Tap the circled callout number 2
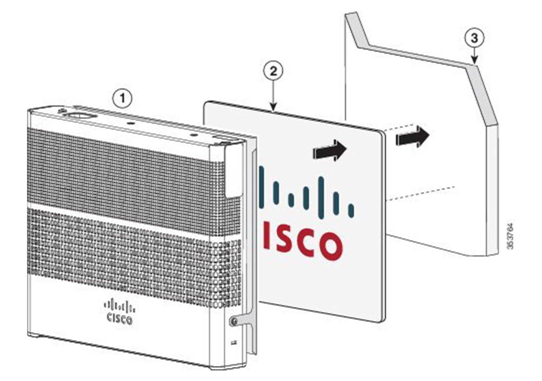(273, 71)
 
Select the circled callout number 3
(475, 38)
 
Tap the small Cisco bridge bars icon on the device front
(120, 306)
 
